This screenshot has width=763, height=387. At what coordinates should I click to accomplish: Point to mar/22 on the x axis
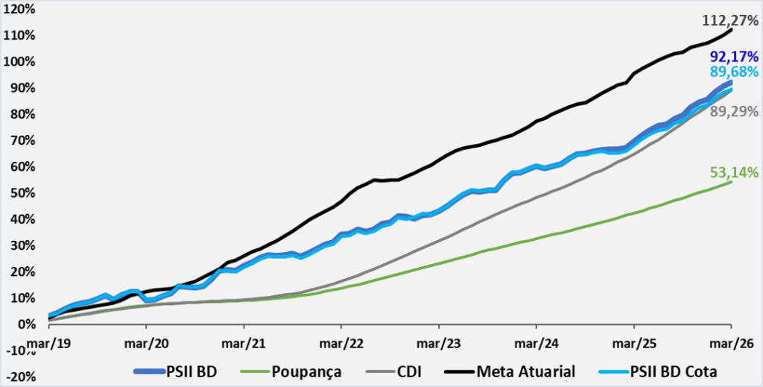point(341,343)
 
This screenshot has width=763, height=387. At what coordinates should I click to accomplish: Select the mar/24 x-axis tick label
point(536,343)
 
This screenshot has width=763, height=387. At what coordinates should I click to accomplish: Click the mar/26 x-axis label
point(731,343)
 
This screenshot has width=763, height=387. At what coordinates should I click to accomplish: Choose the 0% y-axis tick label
point(26,324)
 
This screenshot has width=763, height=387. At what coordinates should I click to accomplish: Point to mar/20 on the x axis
point(146,343)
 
